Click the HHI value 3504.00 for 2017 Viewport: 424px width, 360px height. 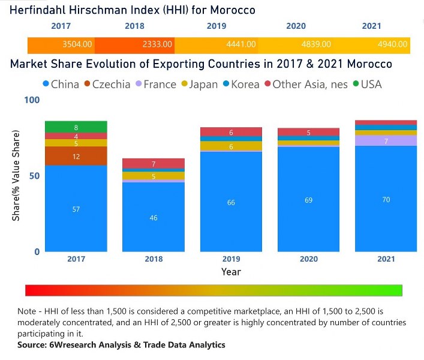point(77,44)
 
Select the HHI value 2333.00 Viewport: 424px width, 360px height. point(157,44)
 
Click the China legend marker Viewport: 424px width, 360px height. point(46,85)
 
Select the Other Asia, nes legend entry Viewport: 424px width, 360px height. point(299,85)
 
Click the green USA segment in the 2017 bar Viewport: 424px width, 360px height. point(76,127)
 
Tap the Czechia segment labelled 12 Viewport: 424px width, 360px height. point(76,156)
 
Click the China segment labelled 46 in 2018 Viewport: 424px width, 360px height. point(154,217)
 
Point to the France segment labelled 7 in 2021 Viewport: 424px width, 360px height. point(386,140)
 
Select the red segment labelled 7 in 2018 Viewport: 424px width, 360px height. point(154,163)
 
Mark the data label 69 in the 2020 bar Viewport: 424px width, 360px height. point(308,199)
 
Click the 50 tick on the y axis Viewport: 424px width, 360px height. point(35,175)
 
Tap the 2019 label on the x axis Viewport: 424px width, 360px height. point(231,259)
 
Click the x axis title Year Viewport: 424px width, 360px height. point(231,272)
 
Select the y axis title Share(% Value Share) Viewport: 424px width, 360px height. point(16,175)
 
